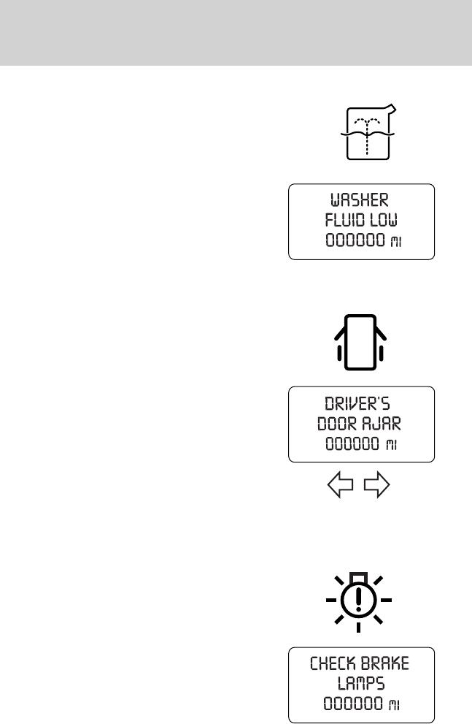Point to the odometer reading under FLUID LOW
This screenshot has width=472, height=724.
[x=349, y=242]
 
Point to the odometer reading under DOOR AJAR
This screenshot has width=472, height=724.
[x=349, y=444]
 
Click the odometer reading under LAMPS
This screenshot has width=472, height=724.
[x=349, y=706]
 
